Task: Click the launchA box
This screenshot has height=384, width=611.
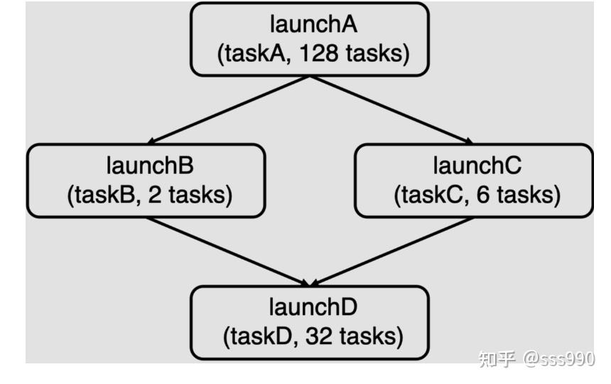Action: click(310, 39)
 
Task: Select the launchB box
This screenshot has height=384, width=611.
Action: click(146, 181)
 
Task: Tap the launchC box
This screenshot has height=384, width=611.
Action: click(473, 181)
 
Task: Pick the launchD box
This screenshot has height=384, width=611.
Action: click(310, 322)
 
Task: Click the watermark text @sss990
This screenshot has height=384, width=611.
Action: click(559, 359)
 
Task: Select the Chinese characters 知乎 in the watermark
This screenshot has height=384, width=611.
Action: click(497, 359)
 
